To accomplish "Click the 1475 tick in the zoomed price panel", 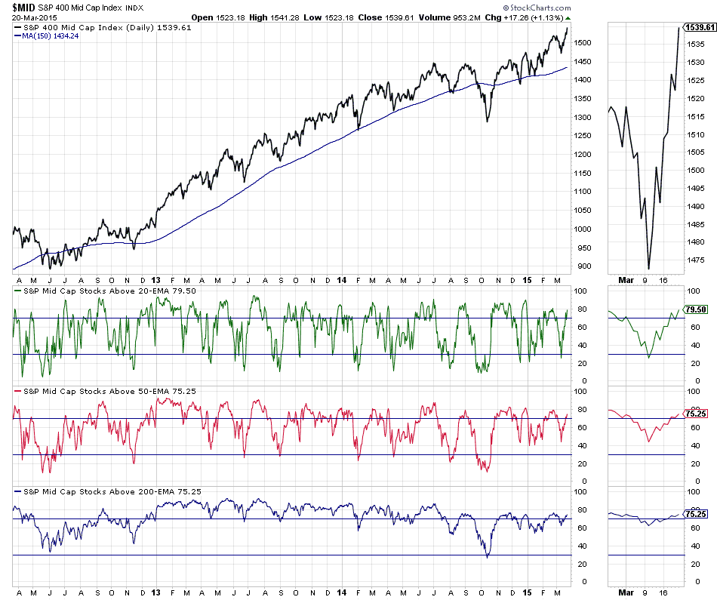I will click(x=697, y=260).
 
